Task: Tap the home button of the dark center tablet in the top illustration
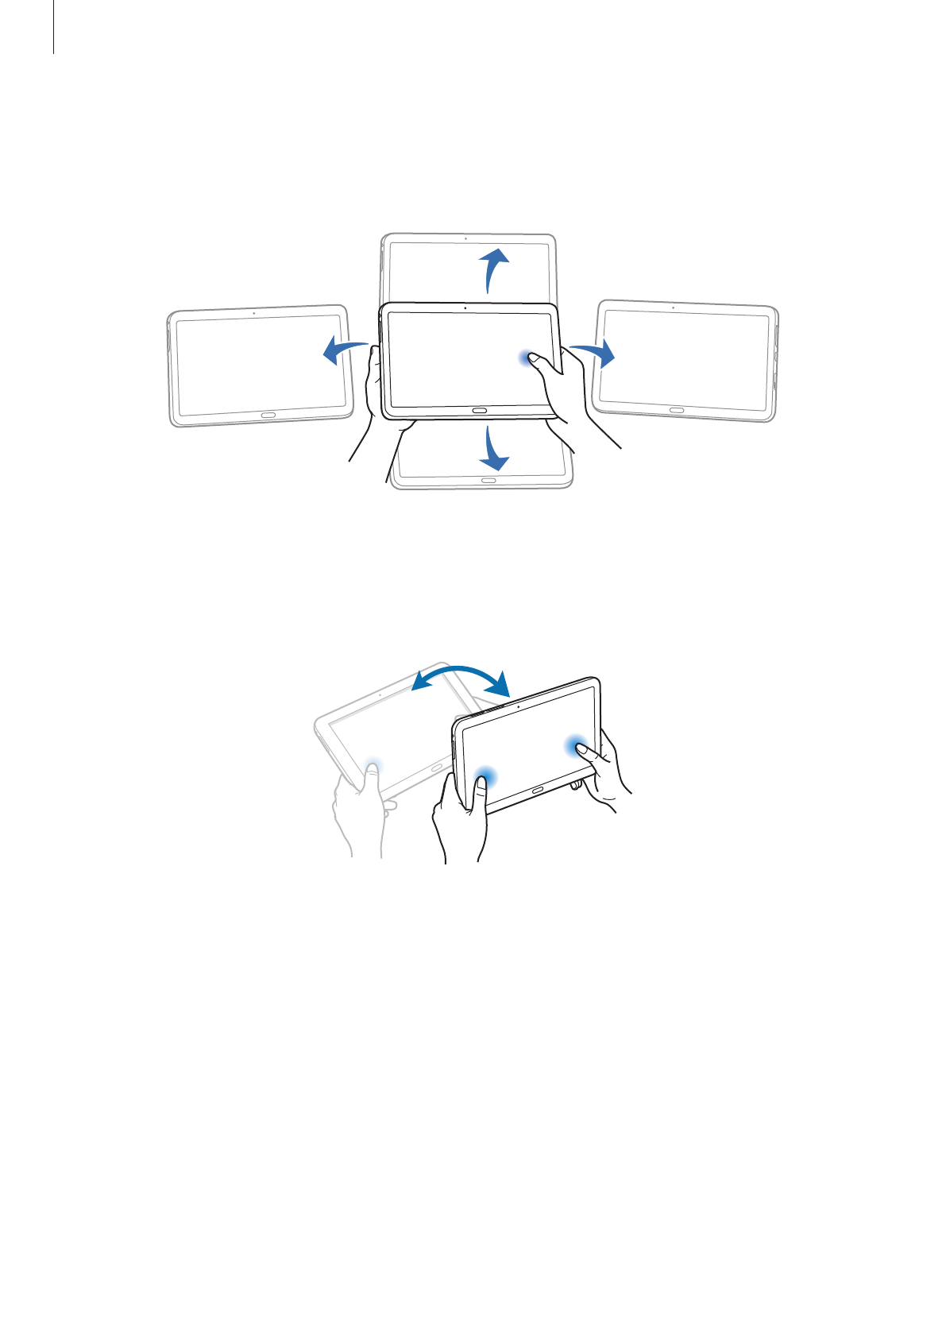pyautogui.click(x=480, y=410)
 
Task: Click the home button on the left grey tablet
pyautogui.click(x=268, y=415)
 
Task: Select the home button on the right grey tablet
pyautogui.click(x=676, y=410)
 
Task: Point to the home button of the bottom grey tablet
pyautogui.click(x=488, y=480)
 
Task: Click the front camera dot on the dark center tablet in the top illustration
pyautogui.click(x=464, y=307)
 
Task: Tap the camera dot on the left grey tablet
pyautogui.click(x=253, y=313)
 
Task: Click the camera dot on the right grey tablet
pyautogui.click(x=673, y=307)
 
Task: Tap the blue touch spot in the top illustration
pyautogui.click(x=526, y=359)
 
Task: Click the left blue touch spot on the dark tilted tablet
pyautogui.click(x=484, y=777)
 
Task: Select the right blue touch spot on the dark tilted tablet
pyautogui.click(x=577, y=746)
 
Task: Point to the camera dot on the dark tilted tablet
pyautogui.click(x=518, y=705)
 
